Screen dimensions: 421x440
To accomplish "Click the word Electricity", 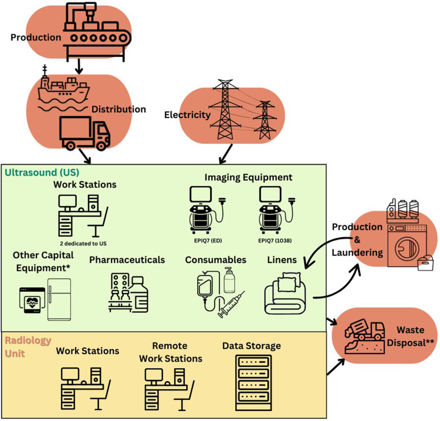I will (188, 115).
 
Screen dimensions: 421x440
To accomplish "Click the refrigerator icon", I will (59, 299).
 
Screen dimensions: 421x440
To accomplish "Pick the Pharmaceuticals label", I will (127, 259).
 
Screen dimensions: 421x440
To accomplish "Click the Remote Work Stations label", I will (171, 352).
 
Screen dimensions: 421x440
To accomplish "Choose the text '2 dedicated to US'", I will (87, 242).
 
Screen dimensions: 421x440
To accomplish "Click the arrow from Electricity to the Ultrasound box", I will (225, 154).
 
